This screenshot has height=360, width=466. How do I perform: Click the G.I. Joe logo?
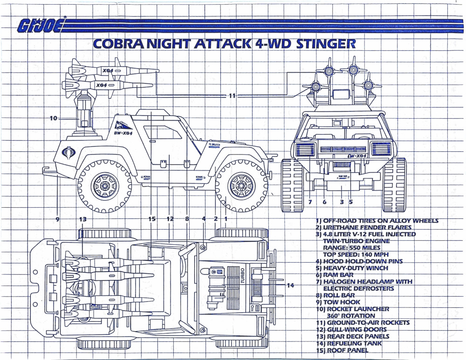pyautogui.click(x=41, y=27)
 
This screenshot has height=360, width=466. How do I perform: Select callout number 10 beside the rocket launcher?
pyautogui.click(x=54, y=118)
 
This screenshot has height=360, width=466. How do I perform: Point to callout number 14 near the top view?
pyautogui.click(x=290, y=285)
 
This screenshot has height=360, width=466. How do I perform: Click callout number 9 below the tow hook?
pyautogui.click(x=57, y=218)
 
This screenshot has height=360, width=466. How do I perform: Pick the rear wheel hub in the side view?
pyautogui.click(x=104, y=186)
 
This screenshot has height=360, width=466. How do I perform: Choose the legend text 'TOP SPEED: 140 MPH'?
pyautogui.click(x=356, y=255)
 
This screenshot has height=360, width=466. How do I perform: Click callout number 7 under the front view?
pyautogui.click(x=309, y=202)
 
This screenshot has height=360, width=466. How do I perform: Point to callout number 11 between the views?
pyautogui.click(x=232, y=95)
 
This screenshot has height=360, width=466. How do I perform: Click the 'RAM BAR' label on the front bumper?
pyautogui.click(x=343, y=176)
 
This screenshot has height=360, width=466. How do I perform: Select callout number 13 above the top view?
pyautogui.click(x=82, y=218)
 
